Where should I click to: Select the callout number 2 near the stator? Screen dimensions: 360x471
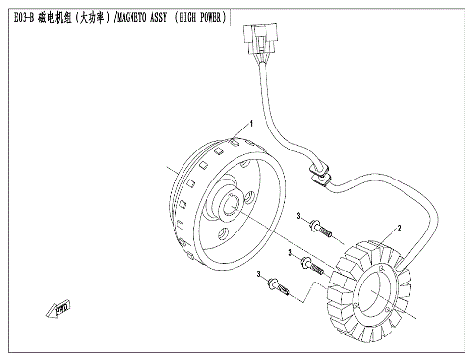(399, 226)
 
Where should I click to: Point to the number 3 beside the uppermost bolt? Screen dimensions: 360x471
(297, 214)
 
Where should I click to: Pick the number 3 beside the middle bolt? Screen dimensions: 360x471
(291, 252)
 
